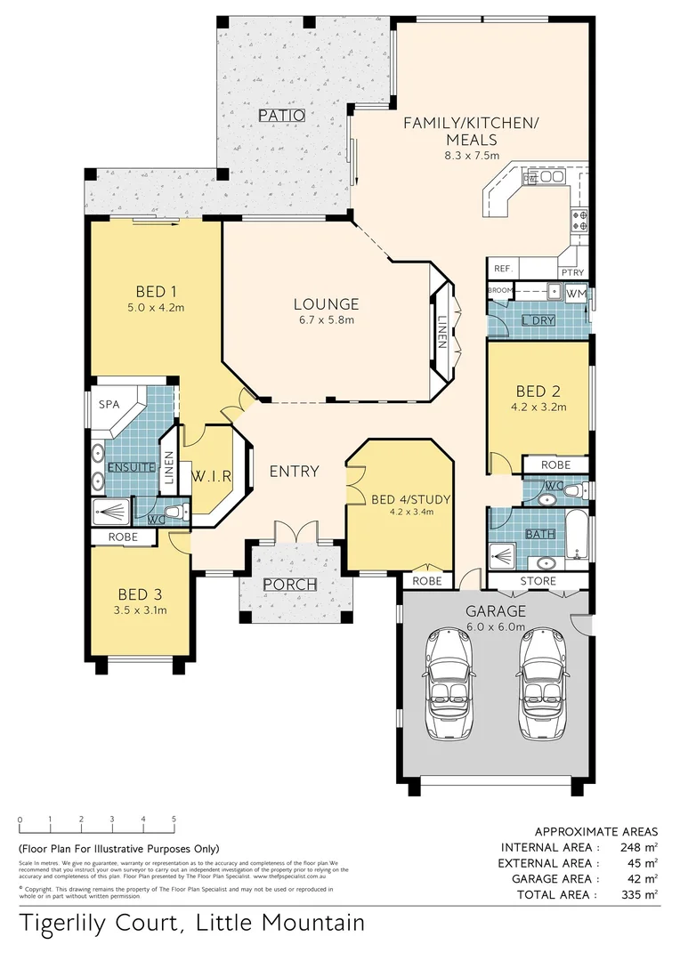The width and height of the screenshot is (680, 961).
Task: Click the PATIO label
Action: (x=282, y=116)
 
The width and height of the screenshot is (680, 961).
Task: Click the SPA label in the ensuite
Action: (x=109, y=404)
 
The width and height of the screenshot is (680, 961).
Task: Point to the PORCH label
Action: (x=290, y=585)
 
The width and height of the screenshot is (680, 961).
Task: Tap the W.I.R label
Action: (x=211, y=476)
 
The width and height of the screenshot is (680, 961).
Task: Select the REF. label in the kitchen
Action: (x=502, y=269)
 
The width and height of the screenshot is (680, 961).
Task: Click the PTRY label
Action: (x=571, y=273)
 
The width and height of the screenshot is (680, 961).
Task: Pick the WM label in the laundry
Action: (x=576, y=293)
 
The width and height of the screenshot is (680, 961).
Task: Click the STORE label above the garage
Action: (x=538, y=582)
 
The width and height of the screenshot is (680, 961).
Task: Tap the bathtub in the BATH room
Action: (x=577, y=536)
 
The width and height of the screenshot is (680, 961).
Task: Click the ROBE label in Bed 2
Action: (x=555, y=464)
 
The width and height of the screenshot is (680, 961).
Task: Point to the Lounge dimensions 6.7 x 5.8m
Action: (x=327, y=320)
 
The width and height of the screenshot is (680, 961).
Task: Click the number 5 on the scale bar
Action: (x=174, y=820)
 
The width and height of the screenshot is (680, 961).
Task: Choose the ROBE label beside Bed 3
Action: (x=122, y=537)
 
